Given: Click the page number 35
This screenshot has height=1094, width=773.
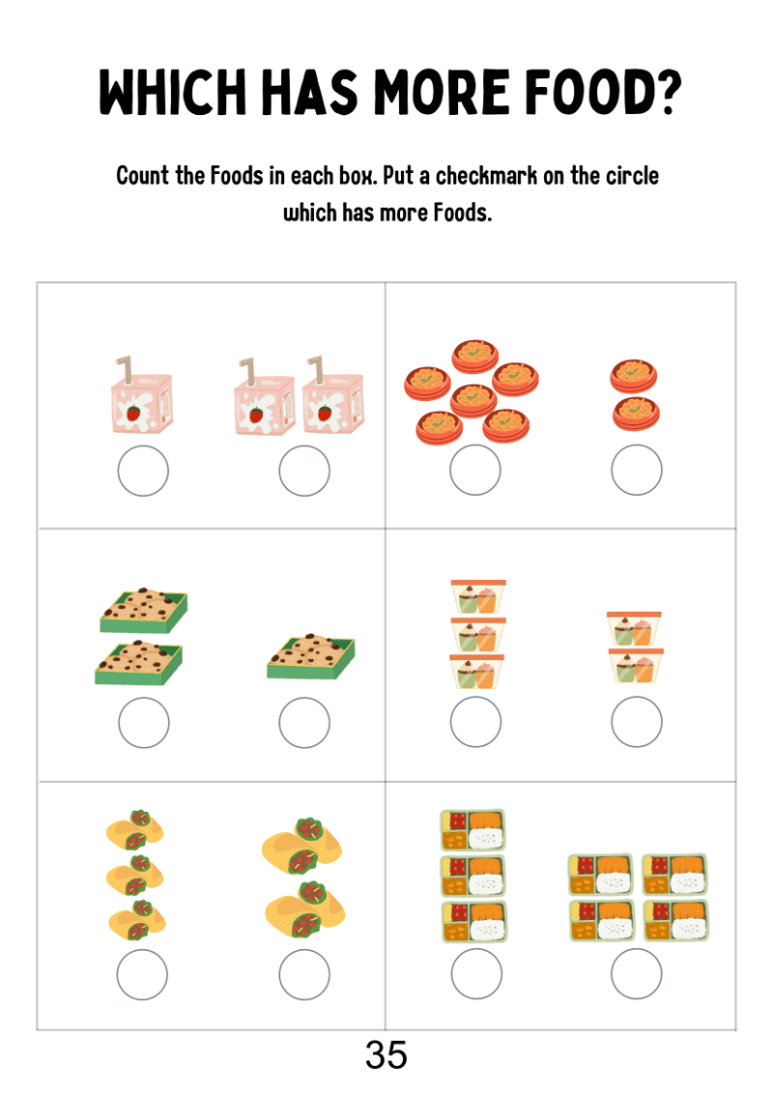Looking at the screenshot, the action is point(386,1055).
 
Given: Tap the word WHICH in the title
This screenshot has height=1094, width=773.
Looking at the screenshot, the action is point(173,92).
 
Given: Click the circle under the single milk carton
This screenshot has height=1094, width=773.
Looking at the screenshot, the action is point(143,471).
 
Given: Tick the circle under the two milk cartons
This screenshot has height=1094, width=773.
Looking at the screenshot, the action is point(304,471).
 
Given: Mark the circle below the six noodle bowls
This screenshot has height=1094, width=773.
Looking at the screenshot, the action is point(475,470).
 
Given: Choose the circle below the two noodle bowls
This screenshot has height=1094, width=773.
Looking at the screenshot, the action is point(636,470).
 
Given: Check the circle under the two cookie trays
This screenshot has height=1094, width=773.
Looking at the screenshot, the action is point(144,723).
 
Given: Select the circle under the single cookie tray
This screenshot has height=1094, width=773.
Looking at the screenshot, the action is point(304,723).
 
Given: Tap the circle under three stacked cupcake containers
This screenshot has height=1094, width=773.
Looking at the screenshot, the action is point(475,721).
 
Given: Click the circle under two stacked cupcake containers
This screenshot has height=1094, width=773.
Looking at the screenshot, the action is point(636,721).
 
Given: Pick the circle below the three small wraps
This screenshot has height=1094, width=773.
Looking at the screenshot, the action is point(142,975).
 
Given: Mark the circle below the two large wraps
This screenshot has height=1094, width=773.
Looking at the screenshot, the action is point(304,975).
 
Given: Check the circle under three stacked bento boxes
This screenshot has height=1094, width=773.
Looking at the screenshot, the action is point(476,973).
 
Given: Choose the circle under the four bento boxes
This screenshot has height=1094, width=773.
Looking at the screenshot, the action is point(636,973).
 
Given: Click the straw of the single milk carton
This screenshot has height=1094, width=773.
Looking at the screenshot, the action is point(125,370).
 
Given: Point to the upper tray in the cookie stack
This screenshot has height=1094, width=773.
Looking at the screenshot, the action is point(144,610).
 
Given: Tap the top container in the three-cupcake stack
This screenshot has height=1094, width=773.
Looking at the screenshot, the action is point(478,596).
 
